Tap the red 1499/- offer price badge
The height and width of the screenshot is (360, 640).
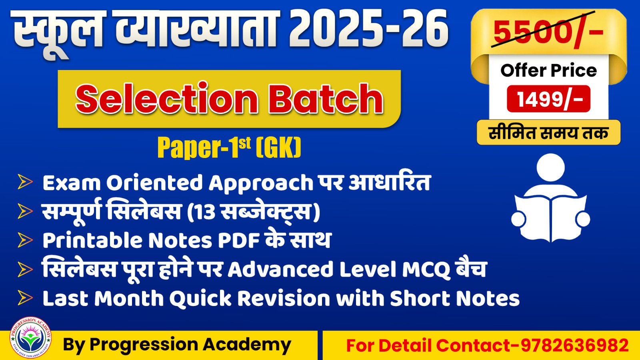548,99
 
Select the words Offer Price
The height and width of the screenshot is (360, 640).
548,70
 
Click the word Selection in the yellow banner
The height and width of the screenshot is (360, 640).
166,98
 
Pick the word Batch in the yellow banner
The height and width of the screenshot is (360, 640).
326,98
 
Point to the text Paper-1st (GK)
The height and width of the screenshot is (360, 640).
229,148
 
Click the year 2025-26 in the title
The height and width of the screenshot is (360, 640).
368,29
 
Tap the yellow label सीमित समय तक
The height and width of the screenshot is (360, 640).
548,132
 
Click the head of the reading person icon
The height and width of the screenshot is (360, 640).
550,168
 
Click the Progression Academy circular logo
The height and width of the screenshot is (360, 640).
30,338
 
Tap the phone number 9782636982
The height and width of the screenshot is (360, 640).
574,345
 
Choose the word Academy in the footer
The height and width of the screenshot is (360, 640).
246,345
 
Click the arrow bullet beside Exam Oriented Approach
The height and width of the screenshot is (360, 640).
25,182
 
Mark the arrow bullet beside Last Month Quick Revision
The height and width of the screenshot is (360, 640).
25,298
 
